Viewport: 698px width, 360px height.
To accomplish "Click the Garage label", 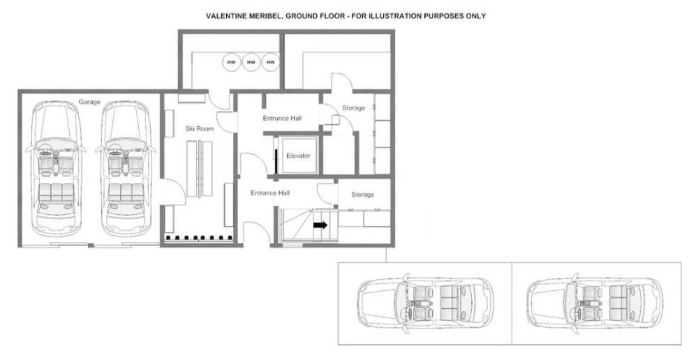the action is coord(89,102).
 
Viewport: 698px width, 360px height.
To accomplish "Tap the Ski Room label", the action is coord(200,128).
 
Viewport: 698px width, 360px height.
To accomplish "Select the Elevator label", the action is coord(298,156).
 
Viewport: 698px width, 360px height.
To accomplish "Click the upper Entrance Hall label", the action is coord(282,119).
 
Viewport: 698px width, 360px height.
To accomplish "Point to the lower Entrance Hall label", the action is coord(270,193).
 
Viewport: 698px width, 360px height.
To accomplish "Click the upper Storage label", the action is coord(353,107).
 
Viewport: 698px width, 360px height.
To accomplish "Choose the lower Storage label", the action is coord(362,195).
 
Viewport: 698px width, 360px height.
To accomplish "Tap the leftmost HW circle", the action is coord(232,62).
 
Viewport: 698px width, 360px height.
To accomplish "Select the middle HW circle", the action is coord(251,62).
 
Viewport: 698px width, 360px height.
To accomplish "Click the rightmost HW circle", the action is coord(270,62).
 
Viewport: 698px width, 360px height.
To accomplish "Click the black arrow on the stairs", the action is coord(320,225).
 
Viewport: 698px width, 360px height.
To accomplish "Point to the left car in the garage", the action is coord(56,169).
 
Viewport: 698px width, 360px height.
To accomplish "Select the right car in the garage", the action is coord(126,169).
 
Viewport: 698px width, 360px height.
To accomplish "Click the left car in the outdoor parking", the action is coord(425,303).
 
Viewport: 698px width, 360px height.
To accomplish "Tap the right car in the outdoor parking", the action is coord(595,303).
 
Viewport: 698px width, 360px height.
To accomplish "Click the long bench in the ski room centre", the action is coord(200,169).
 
